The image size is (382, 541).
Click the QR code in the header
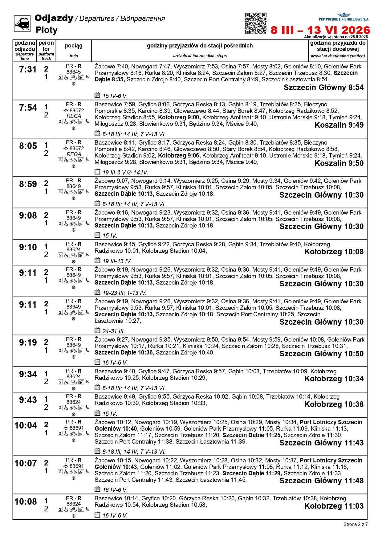[256, 23]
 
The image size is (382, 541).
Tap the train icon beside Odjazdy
[22, 23]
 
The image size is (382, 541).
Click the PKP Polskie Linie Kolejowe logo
[344, 17]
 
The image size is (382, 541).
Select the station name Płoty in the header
[47, 30]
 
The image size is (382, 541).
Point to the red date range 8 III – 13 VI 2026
[320, 30]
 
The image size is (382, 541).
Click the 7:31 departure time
[28, 70]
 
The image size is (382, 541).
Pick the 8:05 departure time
[28, 146]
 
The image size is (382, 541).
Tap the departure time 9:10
[28, 247]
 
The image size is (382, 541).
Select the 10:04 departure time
[26, 425]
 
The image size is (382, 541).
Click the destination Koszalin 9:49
[339, 125]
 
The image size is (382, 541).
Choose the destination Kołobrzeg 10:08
[334, 252]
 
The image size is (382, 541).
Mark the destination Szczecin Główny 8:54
[323, 88]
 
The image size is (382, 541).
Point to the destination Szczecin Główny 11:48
[321, 481]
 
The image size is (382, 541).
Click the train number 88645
[74, 72]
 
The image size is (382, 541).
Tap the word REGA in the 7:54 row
[74, 116]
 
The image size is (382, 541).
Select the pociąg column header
[74, 46]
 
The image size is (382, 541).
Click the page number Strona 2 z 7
[356, 524]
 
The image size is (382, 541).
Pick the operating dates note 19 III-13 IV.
[117, 261]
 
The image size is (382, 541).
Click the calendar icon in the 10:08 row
[97, 514]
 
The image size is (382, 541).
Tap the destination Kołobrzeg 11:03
[334, 506]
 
